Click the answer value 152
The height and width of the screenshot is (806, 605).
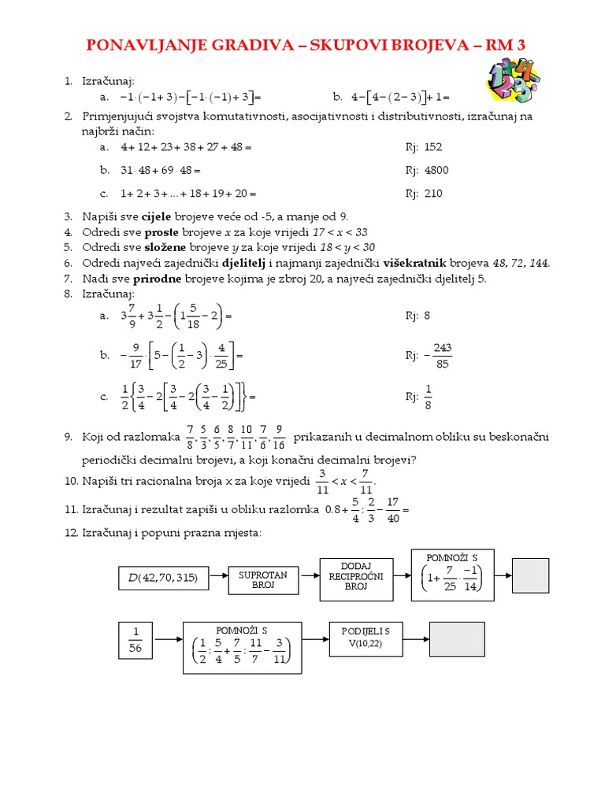tap(433, 146)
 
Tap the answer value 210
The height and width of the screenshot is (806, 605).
tap(433, 194)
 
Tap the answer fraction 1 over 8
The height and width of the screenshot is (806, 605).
tap(429, 397)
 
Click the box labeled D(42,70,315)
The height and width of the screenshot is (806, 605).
tap(163, 579)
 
